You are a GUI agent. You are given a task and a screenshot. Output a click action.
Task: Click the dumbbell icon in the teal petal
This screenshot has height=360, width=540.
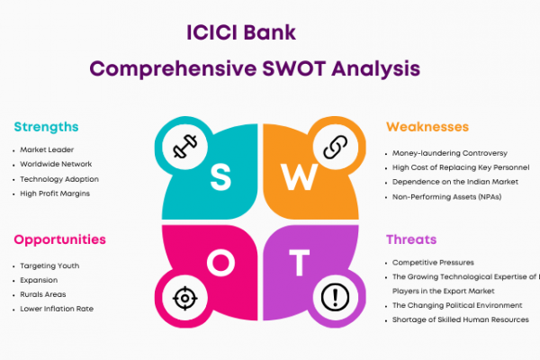pos(184,146)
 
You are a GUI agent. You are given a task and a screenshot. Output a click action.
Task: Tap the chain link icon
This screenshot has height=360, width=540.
pos(336,147)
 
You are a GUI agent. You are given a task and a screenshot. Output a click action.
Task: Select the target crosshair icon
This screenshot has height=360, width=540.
pos(184,298)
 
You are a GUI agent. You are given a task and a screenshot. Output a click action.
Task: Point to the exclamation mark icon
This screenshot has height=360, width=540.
pos(335,297)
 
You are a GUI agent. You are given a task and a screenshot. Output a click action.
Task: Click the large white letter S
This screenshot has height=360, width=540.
pos(220,176)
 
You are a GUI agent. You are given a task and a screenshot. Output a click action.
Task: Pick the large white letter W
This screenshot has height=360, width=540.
pos(299,176)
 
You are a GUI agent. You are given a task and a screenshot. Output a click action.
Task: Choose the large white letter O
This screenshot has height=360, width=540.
pos(220,263)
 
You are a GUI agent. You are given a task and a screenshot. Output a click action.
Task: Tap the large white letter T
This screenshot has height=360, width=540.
pos(299,263)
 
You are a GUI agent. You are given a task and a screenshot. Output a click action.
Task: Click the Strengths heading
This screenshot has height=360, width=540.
pos(46,127)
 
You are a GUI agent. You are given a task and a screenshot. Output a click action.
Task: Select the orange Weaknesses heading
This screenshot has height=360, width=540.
pos(427,127)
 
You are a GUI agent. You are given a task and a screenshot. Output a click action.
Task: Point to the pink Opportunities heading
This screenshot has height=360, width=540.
pos(60,239)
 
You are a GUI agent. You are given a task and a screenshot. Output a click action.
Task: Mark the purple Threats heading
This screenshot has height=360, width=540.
pos(411,239)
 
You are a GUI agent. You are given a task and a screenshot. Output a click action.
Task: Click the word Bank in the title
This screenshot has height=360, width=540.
pos(270,32)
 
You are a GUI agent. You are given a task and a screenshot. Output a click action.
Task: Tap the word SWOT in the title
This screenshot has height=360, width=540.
pos(293,68)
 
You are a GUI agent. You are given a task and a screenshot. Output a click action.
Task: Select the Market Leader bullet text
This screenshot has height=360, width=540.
pos(47,150)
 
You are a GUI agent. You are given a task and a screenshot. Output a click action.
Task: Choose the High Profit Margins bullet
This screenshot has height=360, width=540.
pos(55,193)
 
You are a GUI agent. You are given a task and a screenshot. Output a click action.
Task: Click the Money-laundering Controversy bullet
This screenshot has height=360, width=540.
pos(450,153)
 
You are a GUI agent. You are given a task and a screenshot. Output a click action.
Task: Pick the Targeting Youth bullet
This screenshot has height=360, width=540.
pos(49,266)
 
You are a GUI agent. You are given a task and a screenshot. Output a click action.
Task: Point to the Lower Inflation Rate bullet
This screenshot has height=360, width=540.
pos(57,309)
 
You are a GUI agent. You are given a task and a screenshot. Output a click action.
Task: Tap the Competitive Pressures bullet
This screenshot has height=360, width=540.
pos(433,263)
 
